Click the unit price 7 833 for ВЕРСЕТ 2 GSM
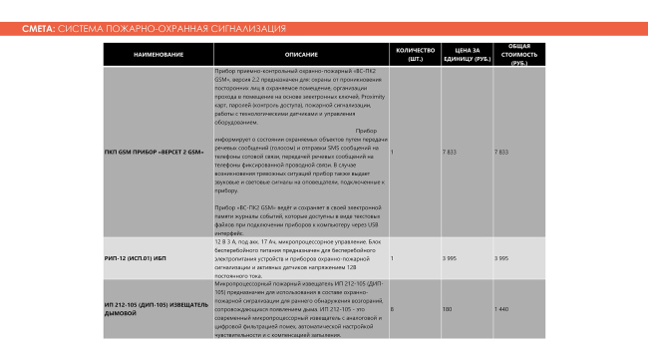pyautogui.click(x=449, y=153)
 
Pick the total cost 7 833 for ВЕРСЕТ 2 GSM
pyautogui.click(x=501, y=153)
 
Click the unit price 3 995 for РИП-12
pyautogui.click(x=449, y=258)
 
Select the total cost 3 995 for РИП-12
pyautogui.click(x=501, y=258)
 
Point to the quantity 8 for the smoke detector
pyautogui.click(x=392, y=310)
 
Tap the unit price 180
pyautogui.click(x=447, y=310)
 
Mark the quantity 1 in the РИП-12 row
pyautogui.click(x=392, y=258)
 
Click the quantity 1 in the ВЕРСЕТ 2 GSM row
pyautogui.click(x=392, y=153)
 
